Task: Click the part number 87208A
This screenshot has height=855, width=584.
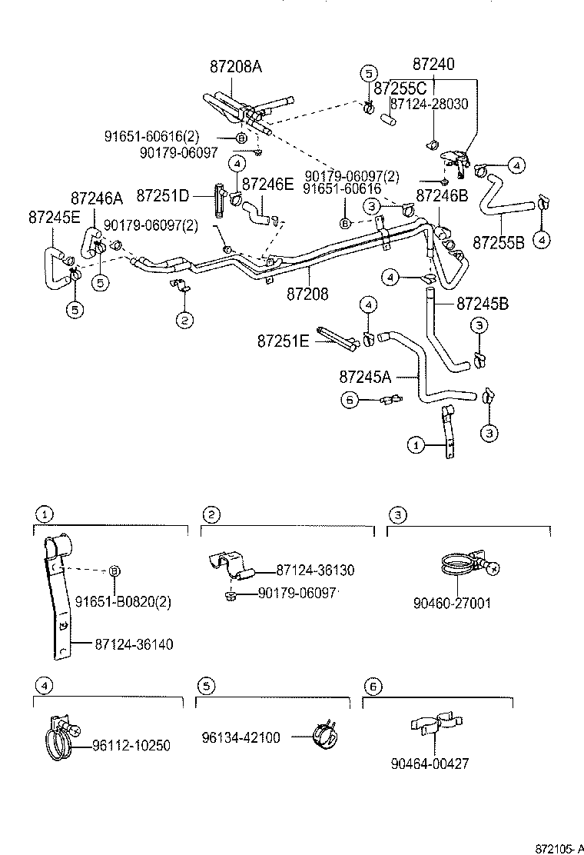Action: pos(235,67)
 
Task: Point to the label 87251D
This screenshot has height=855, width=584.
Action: pos(162,195)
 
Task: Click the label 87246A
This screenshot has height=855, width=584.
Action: pos(97,198)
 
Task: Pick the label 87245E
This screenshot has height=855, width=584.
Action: pos(54,217)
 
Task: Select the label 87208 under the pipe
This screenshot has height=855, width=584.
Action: pos(307,293)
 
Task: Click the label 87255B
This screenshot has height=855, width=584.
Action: pos(498,242)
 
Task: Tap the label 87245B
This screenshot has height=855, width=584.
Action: pos(482,303)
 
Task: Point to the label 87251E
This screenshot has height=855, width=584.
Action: pos(283,340)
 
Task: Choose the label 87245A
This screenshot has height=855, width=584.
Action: pos(365,377)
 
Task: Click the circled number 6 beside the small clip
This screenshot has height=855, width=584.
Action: pos(350,399)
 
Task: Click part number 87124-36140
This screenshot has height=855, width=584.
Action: pos(134,644)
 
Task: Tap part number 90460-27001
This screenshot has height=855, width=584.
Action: pos(451,604)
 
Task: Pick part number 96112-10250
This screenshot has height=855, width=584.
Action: pos(131,745)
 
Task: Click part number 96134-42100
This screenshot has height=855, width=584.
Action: pos(241,737)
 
